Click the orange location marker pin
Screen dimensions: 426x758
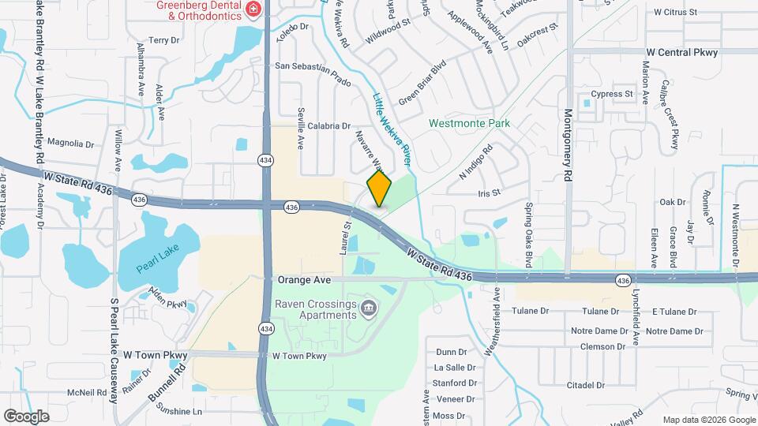click(x=380, y=189)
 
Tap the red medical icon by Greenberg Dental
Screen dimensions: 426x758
click(x=253, y=9)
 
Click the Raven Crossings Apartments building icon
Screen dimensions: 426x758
click(x=368, y=307)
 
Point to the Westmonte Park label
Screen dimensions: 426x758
click(x=469, y=123)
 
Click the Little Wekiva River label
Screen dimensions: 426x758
click(x=392, y=129)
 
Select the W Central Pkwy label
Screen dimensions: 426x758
click(x=681, y=52)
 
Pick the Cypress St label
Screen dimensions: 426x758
click(x=617, y=94)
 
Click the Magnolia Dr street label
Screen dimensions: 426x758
click(x=71, y=144)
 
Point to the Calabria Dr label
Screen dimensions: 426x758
click(x=328, y=125)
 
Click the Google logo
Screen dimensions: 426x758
click(x=26, y=416)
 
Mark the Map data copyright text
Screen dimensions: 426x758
click(x=707, y=419)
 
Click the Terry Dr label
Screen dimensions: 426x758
click(x=164, y=40)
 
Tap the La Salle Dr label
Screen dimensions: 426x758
click(x=455, y=368)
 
